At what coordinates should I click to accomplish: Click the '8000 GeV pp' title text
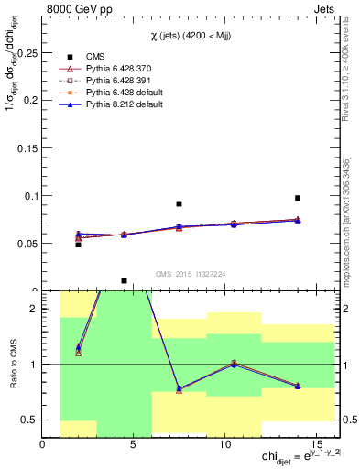tap(75, 9)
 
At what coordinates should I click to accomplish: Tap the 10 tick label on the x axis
tap(225, 444)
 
